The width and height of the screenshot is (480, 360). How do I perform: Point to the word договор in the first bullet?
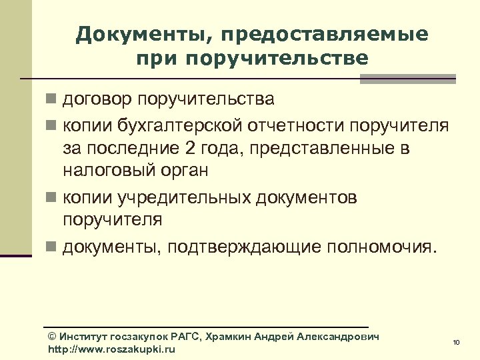click(x=98, y=100)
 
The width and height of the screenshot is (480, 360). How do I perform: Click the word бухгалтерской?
click(x=178, y=125)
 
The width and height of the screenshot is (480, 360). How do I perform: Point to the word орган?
click(x=187, y=170)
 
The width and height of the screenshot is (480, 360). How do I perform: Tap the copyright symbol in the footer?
click(x=53, y=337)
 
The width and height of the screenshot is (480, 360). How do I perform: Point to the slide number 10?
click(x=456, y=343)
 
